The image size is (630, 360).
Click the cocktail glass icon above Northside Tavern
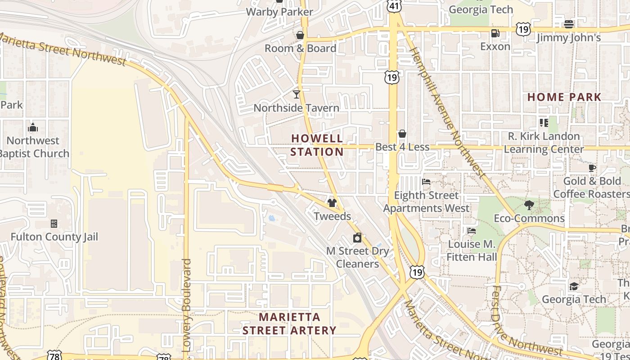click(x=296, y=94)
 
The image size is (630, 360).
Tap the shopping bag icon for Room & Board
click(x=300, y=35)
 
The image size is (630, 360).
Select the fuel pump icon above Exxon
click(x=495, y=33)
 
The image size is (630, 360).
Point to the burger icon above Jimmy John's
click(x=569, y=24)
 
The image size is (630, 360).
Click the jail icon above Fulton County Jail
click(x=54, y=223)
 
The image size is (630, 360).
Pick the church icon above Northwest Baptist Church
click(x=32, y=128)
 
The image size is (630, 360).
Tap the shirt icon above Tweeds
click(x=332, y=202)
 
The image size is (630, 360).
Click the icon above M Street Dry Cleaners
click(x=357, y=238)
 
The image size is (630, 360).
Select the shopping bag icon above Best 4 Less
click(x=402, y=134)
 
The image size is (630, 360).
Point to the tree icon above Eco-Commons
click(x=529, y=205)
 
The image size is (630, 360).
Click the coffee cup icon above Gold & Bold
click(x=592, y=168)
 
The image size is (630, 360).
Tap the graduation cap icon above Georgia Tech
click(x=574, y=286)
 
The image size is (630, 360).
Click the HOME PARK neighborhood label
click(x=564, y=97)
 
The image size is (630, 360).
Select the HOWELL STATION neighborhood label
click(x=317, y=145)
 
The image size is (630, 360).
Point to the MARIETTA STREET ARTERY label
click(x=289, y=324)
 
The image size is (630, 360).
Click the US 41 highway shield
click(x=394, y=6)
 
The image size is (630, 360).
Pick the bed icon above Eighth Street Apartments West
click(x=426, y=182)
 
